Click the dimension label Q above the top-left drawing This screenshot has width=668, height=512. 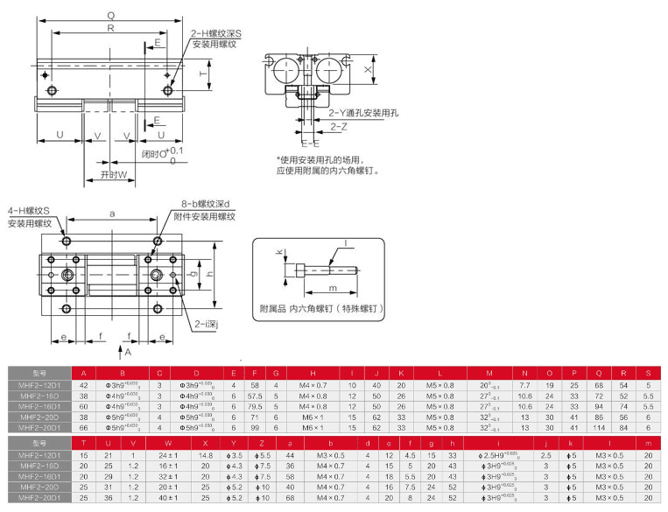[x=109, y=15]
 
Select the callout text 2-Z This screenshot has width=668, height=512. [x=339, y=127]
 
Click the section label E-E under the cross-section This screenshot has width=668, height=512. [x=309, y=143]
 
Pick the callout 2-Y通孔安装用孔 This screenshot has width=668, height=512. [x=363, y=113]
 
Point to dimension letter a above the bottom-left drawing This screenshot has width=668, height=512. [x=112, y=214]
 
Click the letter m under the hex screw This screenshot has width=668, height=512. [x=333, y=287]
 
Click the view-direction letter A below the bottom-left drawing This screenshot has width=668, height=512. [x=129, y=352]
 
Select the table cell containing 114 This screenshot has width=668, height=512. [x=600, y=426]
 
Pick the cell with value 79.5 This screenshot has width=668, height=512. [x=255, y=405]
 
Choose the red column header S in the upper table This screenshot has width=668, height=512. [x=647, y=373]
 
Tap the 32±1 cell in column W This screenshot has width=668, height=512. [x=168, y=476]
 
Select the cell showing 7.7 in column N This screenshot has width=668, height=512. [x=525, y=384]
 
